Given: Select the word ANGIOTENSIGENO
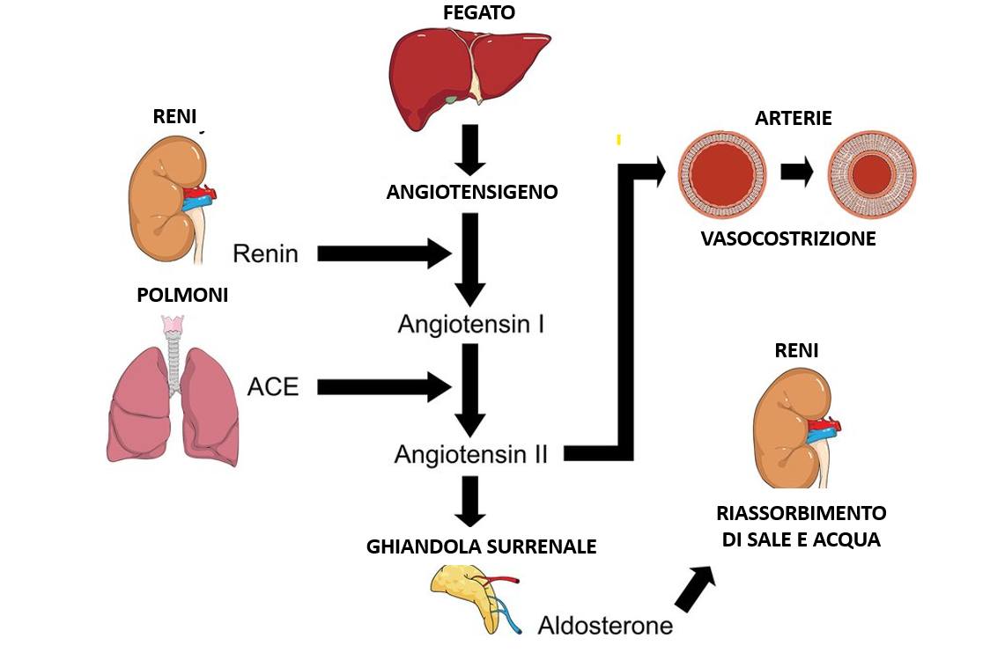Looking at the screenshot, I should point(472,192).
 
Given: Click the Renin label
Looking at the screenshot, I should point(265,254).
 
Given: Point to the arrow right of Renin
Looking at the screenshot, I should point(384,253).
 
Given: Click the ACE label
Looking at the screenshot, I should point(273,387).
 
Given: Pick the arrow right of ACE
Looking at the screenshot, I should point(384,386).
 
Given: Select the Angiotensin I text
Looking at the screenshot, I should point(471,325).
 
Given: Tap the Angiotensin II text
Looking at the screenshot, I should point(471,455).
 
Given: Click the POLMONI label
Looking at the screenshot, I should point(182,296).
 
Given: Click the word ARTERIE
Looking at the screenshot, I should point(793,118).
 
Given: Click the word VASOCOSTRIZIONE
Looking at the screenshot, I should point(788,238).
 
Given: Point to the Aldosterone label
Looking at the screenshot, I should point(605,626).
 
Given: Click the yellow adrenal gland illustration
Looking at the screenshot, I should point(462,591).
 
